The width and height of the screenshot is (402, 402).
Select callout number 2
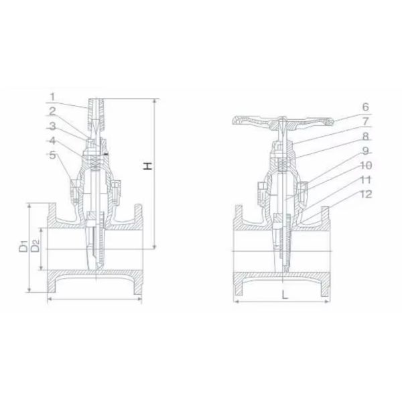click(52, 110)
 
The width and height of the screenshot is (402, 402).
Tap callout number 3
click(52, 125)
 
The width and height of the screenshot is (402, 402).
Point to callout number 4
click(52, 140)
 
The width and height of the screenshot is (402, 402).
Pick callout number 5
click(52, 155)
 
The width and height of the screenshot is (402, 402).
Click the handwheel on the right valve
click(282, 121)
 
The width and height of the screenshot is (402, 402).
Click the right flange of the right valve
click(328, 248)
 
